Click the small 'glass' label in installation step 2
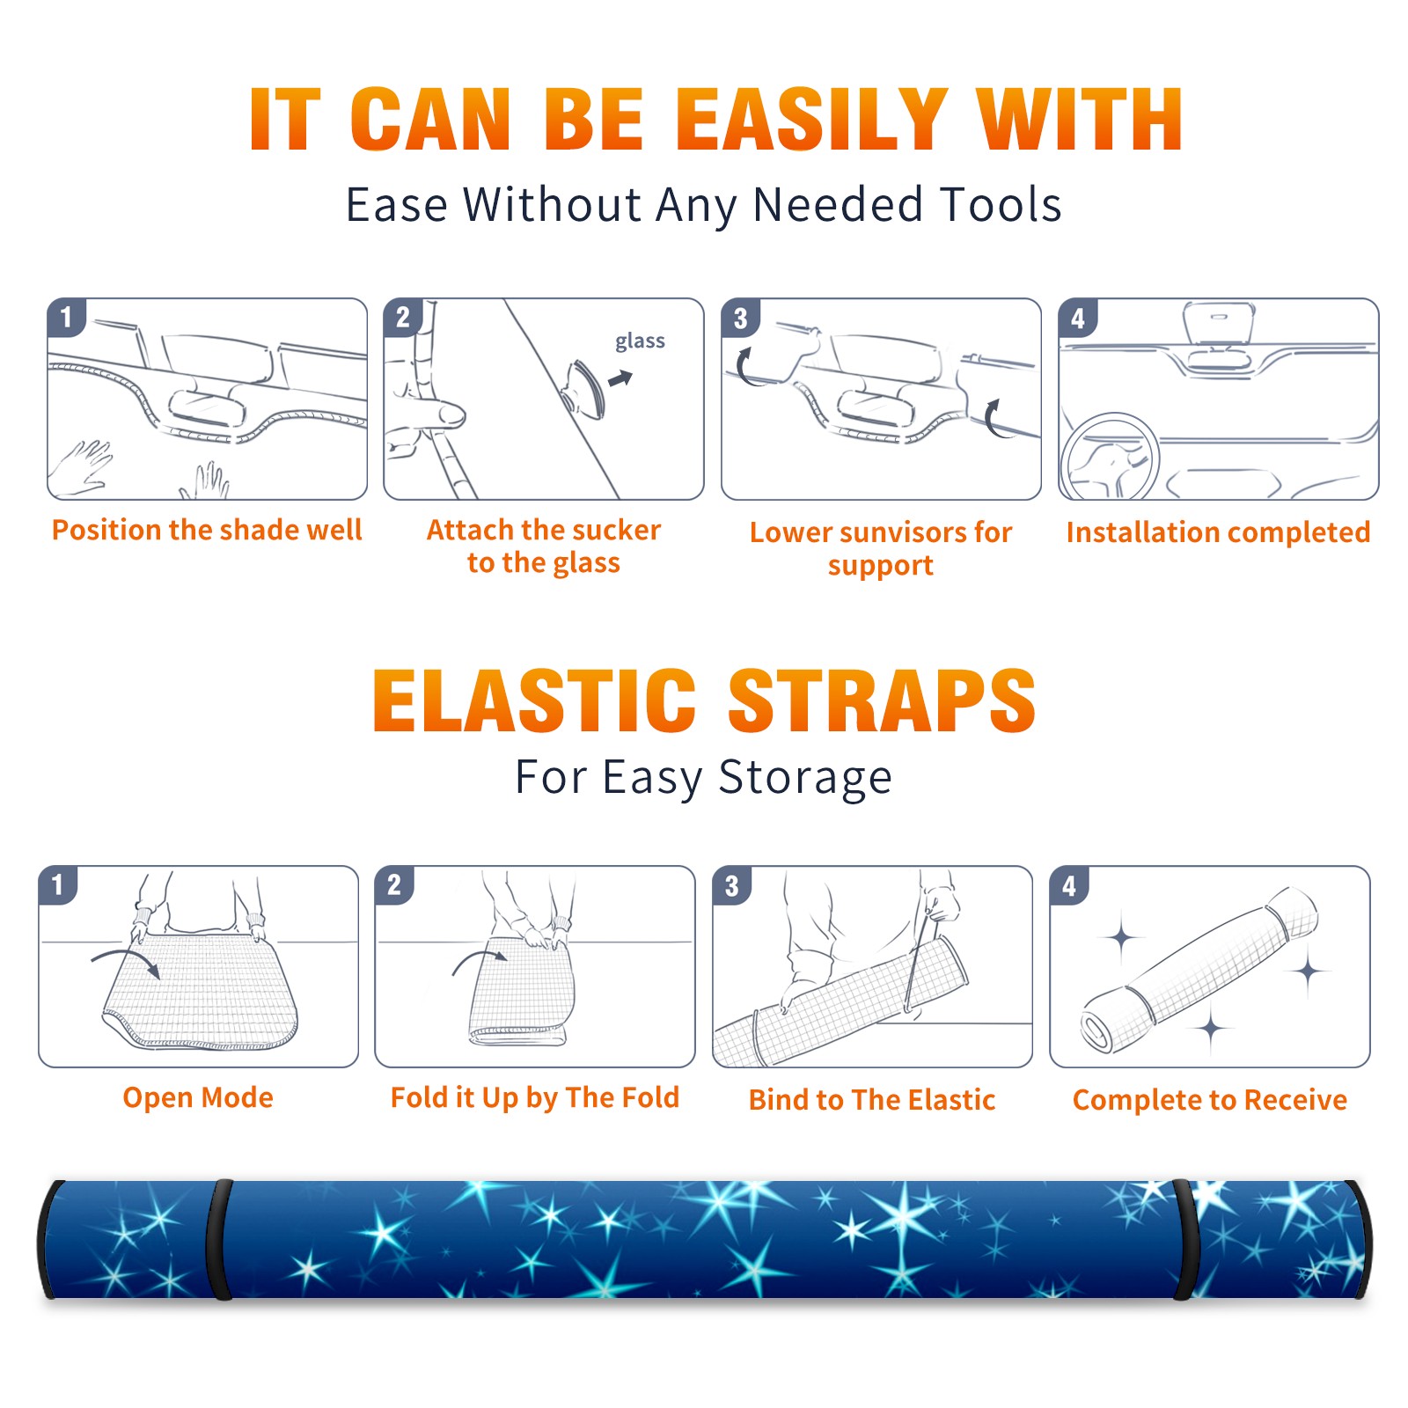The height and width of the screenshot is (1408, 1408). click(x=640, y=341)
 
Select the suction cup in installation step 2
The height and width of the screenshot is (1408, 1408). click(x=584, y=388)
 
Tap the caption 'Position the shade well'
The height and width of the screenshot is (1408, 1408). click(x=207, y=530)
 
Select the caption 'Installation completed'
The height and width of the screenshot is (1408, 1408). click(x=1218, y=532)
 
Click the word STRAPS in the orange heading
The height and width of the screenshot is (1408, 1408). click(x=882, y=700)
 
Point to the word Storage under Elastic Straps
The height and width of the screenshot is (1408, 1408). click(x=805, y=778)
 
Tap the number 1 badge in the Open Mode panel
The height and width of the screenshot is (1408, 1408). click(x=58, y=884)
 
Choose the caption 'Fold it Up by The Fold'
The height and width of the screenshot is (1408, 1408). click(x=535, y=1098)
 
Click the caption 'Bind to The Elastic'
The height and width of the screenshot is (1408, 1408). click(x=872, y=1100)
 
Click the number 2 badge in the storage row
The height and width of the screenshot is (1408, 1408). click(x=394, y=884)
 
